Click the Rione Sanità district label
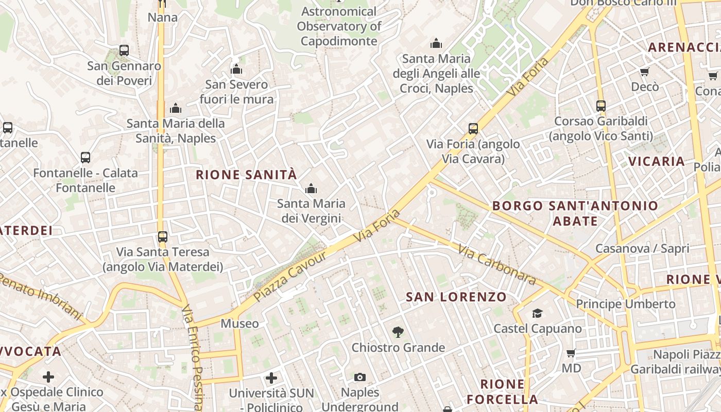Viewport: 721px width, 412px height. click(246, 175)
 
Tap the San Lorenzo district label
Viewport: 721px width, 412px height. click(456, 297)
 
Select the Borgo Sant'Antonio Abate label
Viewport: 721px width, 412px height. click(575, 213)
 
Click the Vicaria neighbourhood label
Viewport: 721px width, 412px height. click(657, 161)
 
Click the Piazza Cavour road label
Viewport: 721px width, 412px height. click(290, 277)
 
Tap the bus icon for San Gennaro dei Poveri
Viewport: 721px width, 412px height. click(124, 50)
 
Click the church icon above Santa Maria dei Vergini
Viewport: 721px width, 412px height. click(311, 189)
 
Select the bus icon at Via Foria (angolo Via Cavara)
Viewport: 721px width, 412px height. click(473, 129)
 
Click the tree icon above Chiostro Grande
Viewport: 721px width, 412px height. click(398, 332)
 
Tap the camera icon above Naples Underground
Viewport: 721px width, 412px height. click(360, 377)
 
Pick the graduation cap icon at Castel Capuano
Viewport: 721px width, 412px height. click(537, 313)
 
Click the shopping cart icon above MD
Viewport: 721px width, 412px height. click(571, 353)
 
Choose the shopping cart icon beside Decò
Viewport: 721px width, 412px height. click(645, 72)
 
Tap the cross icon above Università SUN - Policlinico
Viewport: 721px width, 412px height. click(271, 379)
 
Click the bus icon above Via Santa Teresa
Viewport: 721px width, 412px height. click(163, 237)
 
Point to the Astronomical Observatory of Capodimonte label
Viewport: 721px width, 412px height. click(339, 26)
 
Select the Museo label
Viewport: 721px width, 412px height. click(239, 323)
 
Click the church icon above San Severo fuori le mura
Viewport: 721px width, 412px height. click(236, 69)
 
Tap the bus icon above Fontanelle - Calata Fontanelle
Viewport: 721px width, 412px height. click(85, 158)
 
